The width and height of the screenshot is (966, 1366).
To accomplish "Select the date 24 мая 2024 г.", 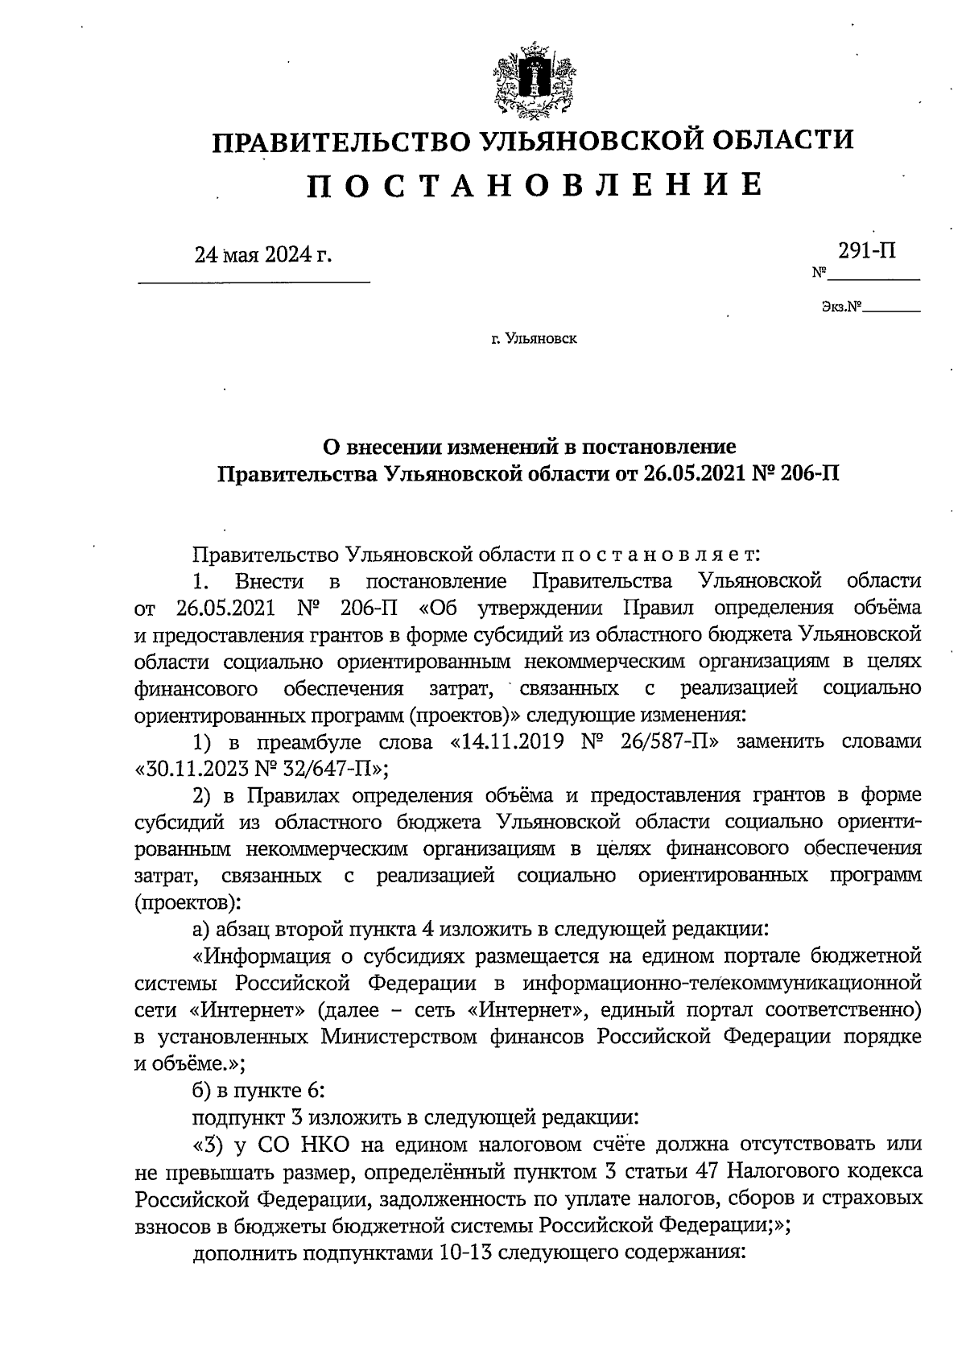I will [262, 256].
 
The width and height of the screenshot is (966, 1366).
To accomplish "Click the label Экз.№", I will [840, 307].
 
